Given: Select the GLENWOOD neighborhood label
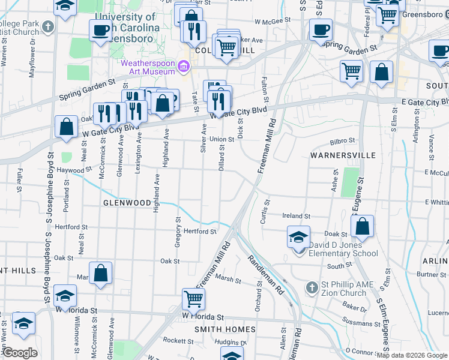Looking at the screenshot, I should pos(127,203).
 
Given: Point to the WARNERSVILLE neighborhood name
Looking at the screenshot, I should pos(343,155).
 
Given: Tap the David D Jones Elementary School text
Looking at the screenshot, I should pos(344,249).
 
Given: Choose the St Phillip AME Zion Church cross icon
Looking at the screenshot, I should pos(311,288).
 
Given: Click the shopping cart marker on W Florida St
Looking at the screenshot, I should pos(193,298).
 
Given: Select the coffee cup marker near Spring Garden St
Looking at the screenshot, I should pos(321,29).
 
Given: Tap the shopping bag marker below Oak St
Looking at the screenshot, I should pos(101,272).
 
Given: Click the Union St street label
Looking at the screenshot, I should pos(221,139).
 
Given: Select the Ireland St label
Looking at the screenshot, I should pos(297,216).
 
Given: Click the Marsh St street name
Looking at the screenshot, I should pos(228,279).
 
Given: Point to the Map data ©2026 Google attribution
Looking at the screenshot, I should pos(411,355).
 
